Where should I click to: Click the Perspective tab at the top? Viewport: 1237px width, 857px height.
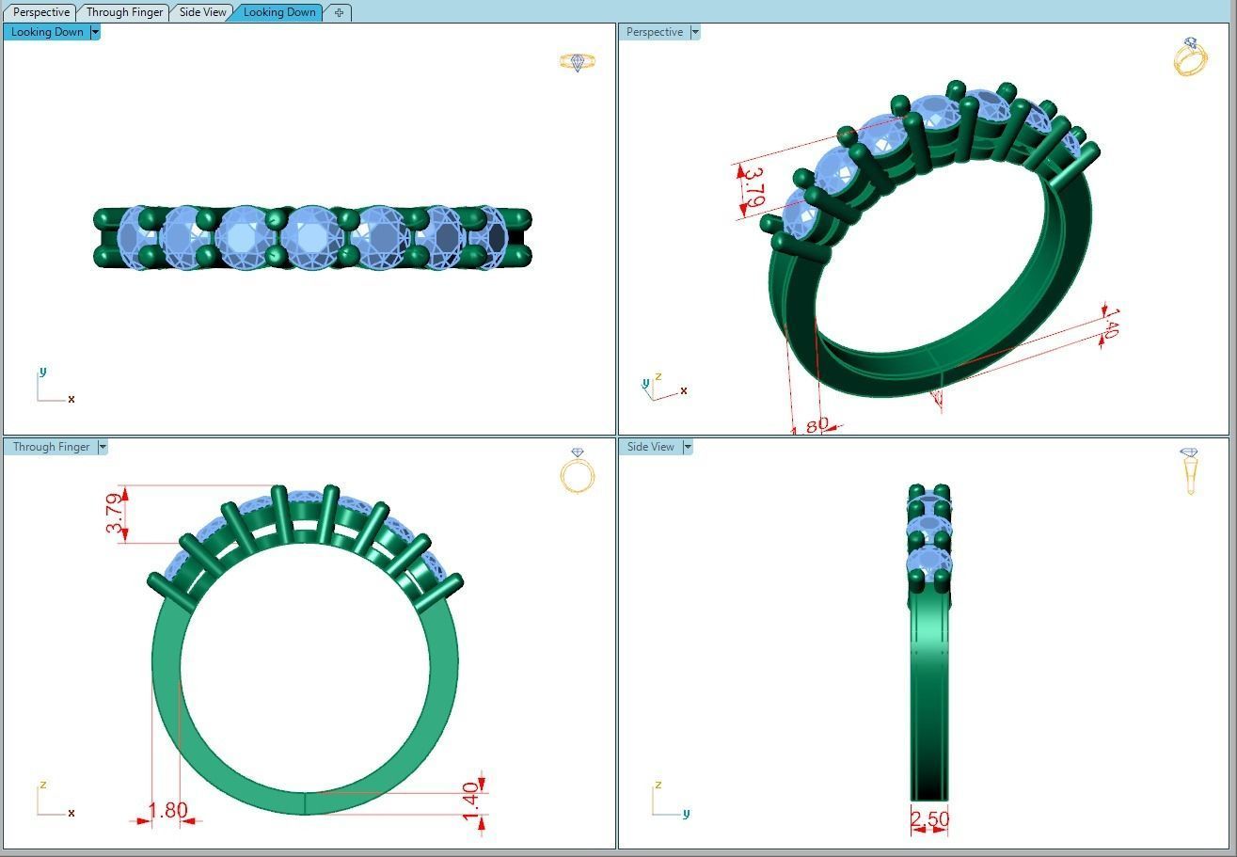tap(41, 12)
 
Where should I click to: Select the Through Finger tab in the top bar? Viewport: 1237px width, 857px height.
tap(124, 12)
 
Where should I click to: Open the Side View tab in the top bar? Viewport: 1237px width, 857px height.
tap(202, 12)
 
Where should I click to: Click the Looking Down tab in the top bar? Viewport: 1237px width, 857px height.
tap(279, 12)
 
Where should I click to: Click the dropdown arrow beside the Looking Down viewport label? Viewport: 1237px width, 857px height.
tap(95, 32)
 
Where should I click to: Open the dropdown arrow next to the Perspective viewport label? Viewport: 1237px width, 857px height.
tap(695, 32)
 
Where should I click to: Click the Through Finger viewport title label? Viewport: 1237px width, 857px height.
tap(51, 447)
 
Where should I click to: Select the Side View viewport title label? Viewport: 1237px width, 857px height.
tap(650, 447)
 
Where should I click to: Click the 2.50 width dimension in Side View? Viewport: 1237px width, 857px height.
tap(929, 819)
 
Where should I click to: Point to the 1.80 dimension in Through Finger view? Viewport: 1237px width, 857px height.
tap(167, 810)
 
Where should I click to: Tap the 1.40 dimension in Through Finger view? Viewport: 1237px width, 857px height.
tap(471, 801)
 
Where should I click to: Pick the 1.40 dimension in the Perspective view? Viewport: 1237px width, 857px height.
tap(1110, 323)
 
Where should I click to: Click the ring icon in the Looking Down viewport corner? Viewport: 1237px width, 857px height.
tap(578, 62)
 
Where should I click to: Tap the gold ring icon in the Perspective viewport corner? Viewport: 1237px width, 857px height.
tap(1190, 56)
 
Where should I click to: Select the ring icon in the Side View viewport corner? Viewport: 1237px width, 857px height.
tap(1190, 470)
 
